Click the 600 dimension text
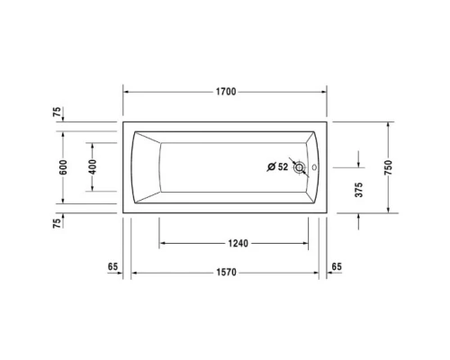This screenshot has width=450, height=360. [62, 167]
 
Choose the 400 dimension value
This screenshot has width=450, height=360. [92, 167]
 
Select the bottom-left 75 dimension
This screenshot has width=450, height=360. [57, 222]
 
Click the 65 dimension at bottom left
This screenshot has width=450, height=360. [112, 267]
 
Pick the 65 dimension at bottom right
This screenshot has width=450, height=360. [337, 267]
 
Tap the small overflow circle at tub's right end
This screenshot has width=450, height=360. [314, 166]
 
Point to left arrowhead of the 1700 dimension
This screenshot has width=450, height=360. [126, 92]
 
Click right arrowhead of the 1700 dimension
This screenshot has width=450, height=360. [324, 92]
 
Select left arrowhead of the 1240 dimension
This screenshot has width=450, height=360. [163, 243]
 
